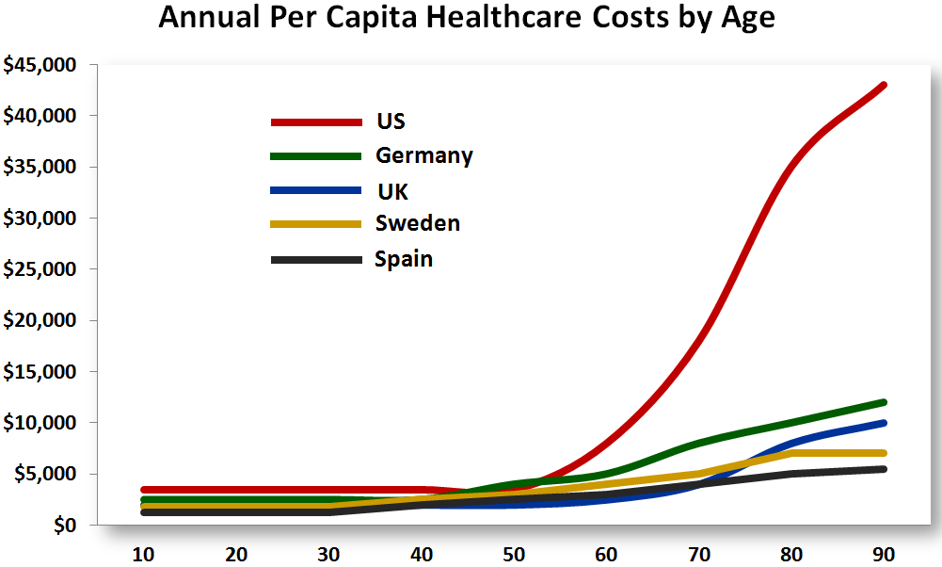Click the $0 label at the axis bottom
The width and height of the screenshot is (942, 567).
(x=66, y=524)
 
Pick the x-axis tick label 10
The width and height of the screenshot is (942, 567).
(x=144, y=553)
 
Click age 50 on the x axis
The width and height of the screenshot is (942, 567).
(x=514, y=553)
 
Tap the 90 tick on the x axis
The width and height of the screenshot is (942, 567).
(x=884, y=553)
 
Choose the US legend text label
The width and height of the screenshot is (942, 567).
(x=391, y=121)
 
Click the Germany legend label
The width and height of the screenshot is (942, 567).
(x=423, y=155)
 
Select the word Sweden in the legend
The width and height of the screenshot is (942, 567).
(x=417, y=223)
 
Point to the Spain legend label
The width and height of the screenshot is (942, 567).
(x=403, y=258)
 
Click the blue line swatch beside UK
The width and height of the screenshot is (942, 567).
(x=316, y=190)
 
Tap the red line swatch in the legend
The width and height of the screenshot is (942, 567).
(x=316, y=122)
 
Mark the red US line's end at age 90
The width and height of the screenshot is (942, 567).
(x=884, y=86)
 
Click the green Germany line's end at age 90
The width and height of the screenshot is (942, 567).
(x=884, y=402)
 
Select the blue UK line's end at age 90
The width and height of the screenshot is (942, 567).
(x=884, y=423)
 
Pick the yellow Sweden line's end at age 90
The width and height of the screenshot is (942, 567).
(x=884, y=453)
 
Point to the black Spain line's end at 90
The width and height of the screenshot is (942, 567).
(x=884, y=469)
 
